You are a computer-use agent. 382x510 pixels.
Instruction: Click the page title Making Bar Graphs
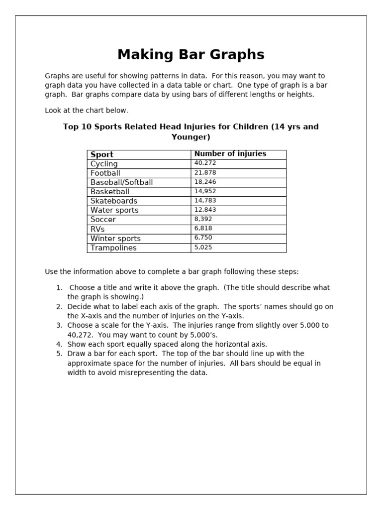[191, 54]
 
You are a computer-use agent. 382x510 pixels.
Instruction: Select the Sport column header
[102, 154]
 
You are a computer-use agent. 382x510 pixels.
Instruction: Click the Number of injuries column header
[230, 154]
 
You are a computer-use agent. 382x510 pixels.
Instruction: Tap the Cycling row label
[104, 164]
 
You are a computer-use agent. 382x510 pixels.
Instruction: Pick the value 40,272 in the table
[205, 163]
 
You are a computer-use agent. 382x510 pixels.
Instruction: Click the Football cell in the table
[105, 173]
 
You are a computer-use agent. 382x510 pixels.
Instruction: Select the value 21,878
[205, 173]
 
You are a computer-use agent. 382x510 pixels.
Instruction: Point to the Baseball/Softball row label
[121, 182]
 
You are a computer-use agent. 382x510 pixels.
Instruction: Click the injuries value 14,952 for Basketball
[205, 191]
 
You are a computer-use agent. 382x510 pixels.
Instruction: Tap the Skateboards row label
[113, 201]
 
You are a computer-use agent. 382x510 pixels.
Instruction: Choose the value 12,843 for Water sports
[205, 210]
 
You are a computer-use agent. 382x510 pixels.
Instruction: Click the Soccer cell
[103, 220]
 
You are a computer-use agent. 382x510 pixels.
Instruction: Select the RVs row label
[97, 229]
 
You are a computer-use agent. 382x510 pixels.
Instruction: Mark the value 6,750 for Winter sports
[203, 238]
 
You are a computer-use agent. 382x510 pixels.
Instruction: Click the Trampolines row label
[113, 248]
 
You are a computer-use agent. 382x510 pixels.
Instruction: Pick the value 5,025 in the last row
[203, 248]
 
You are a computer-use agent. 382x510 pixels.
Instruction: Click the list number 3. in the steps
[59, 325]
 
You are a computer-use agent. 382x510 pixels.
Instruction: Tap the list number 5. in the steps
[59, 354]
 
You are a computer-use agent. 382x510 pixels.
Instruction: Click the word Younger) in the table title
[191, 137]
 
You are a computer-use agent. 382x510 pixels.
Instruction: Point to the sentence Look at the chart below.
[86, 111]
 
